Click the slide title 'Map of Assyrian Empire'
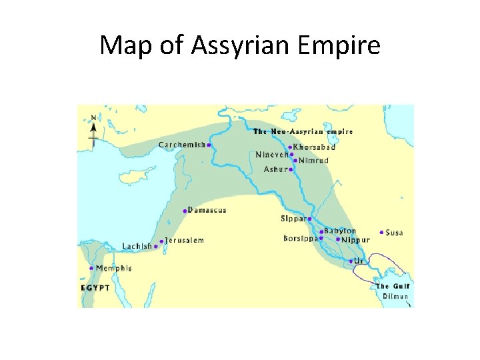(x=240, y=45)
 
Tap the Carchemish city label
(x=181, y=145)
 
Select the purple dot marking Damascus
(x=185, y=211)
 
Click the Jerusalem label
(x=185, y=240)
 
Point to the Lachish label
(x=137, y=247)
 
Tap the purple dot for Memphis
(x=91, y=269)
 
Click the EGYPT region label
(x=95, y=287)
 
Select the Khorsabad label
(x=314, y=147)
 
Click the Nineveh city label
(x=271, y=155)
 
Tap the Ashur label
(x=275, y=169)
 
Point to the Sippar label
(x=293, y=218)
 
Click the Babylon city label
(x=340, y=231)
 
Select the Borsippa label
(x=300, y=238)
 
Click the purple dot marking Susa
(x=381, y=233)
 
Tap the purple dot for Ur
(x=351, y=261)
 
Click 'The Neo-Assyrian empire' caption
(x=303, y=132)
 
